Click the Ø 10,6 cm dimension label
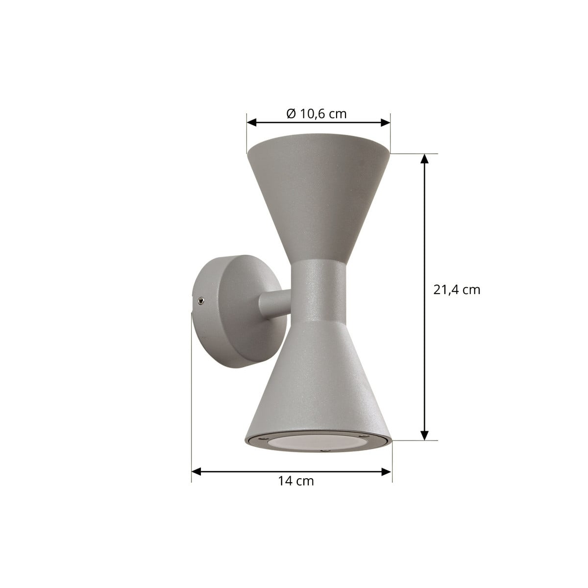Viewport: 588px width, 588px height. (x=317, y=114)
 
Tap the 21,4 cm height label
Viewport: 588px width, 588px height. (x=457, y=290)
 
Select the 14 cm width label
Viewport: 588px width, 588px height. (x=295, y=481)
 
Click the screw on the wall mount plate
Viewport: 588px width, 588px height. (x=200, y=300)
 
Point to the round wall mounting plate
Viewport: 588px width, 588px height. (x=238, y=311)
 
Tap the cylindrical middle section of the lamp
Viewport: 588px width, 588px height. (x=318, y=292)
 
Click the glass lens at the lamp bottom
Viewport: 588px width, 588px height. (x=318, y=441)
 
